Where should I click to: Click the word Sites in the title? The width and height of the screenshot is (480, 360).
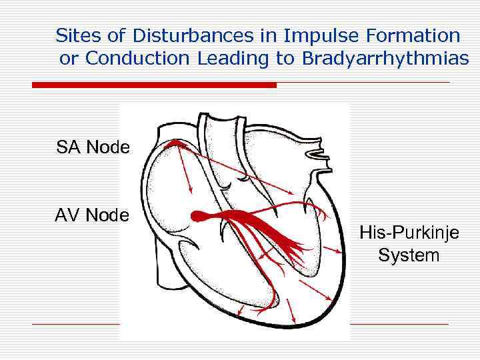[x=74, y=35]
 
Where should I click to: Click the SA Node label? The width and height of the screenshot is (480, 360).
[x=93, y=147]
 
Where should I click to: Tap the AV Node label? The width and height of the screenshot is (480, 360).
[x=93, y=215]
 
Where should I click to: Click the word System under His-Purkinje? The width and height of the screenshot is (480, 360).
[x=409, y=255]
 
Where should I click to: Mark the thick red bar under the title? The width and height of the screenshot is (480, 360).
[x=154, y=85]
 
